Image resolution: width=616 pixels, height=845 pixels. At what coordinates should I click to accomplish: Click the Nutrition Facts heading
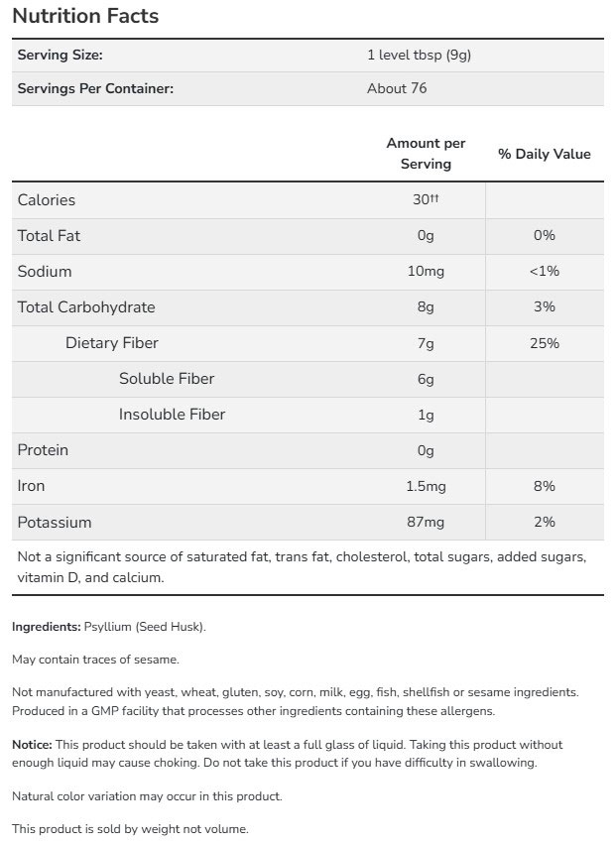click(84, 17)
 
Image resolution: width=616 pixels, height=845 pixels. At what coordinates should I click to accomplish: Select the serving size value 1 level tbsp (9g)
click(418, 56)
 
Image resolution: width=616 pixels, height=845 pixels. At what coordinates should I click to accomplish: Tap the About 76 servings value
click(397, 88)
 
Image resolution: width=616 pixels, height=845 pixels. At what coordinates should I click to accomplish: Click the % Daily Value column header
click(544, 154)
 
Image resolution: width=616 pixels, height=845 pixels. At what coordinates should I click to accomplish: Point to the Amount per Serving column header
click(426, 154)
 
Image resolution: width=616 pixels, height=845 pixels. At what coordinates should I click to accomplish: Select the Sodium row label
click(45, 271)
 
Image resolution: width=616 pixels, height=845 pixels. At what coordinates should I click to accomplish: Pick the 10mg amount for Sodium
click(426, 271)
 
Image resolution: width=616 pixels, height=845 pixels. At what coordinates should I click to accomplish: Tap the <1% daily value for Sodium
click(544, 271)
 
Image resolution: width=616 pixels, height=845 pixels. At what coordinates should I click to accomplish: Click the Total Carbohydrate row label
click(86, 306)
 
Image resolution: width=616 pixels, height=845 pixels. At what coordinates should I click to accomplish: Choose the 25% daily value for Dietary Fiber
click(544, 343)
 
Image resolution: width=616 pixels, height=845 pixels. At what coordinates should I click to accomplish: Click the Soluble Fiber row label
click(167, 378)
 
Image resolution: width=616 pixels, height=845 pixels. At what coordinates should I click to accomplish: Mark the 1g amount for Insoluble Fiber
click(426, 415)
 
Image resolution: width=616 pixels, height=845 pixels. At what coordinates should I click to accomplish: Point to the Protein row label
click(43, 450)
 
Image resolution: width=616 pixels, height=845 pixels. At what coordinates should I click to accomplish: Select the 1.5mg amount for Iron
click(426, 486)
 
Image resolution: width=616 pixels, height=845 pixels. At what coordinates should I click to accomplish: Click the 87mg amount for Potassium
click(426, 522)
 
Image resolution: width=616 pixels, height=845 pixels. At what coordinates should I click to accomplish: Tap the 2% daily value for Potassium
click(544, 522)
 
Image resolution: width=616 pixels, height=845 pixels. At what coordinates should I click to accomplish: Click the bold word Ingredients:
click(46, 627)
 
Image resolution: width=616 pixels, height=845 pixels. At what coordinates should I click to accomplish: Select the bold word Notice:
click(32, 744)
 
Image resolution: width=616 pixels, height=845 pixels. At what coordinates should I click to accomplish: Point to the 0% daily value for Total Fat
click(544, 235)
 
